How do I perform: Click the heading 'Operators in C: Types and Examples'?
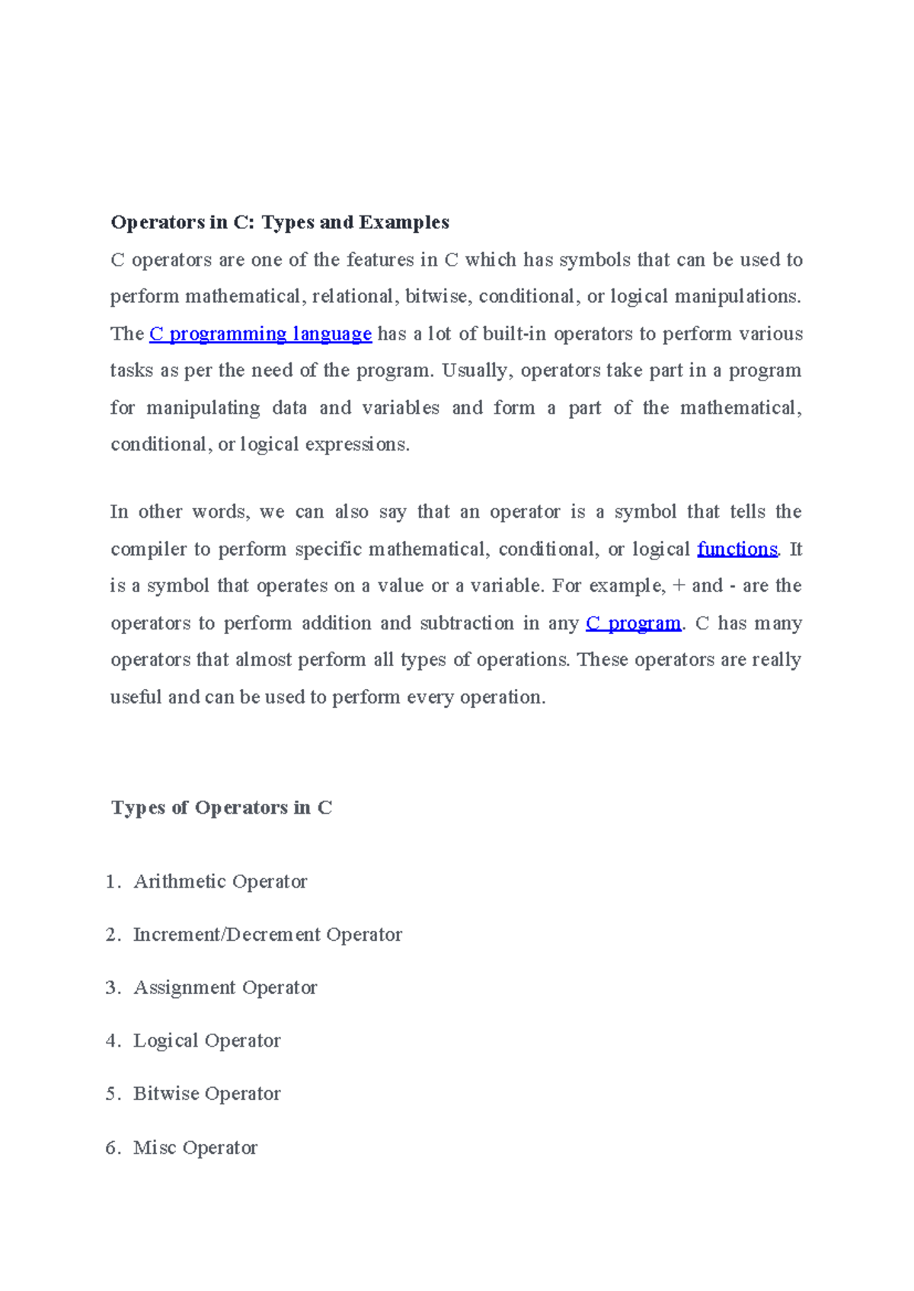(280, 222)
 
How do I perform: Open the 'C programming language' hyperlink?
(260, 334)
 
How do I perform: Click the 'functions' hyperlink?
(737, 549)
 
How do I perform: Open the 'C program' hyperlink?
(633, 623)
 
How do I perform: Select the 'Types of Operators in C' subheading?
(222, 808)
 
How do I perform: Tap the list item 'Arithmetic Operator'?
(220, 881)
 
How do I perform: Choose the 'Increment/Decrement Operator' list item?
(267, 935)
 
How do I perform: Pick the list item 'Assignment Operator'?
(225, 988)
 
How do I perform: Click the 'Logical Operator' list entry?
(206, 1041)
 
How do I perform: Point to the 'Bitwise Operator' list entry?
(206, 1094)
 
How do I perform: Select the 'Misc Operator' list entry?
(195, 1148)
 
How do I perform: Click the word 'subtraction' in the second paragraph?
(467, 623)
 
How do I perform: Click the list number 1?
(112, 881)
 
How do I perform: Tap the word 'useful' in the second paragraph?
(136, 697)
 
